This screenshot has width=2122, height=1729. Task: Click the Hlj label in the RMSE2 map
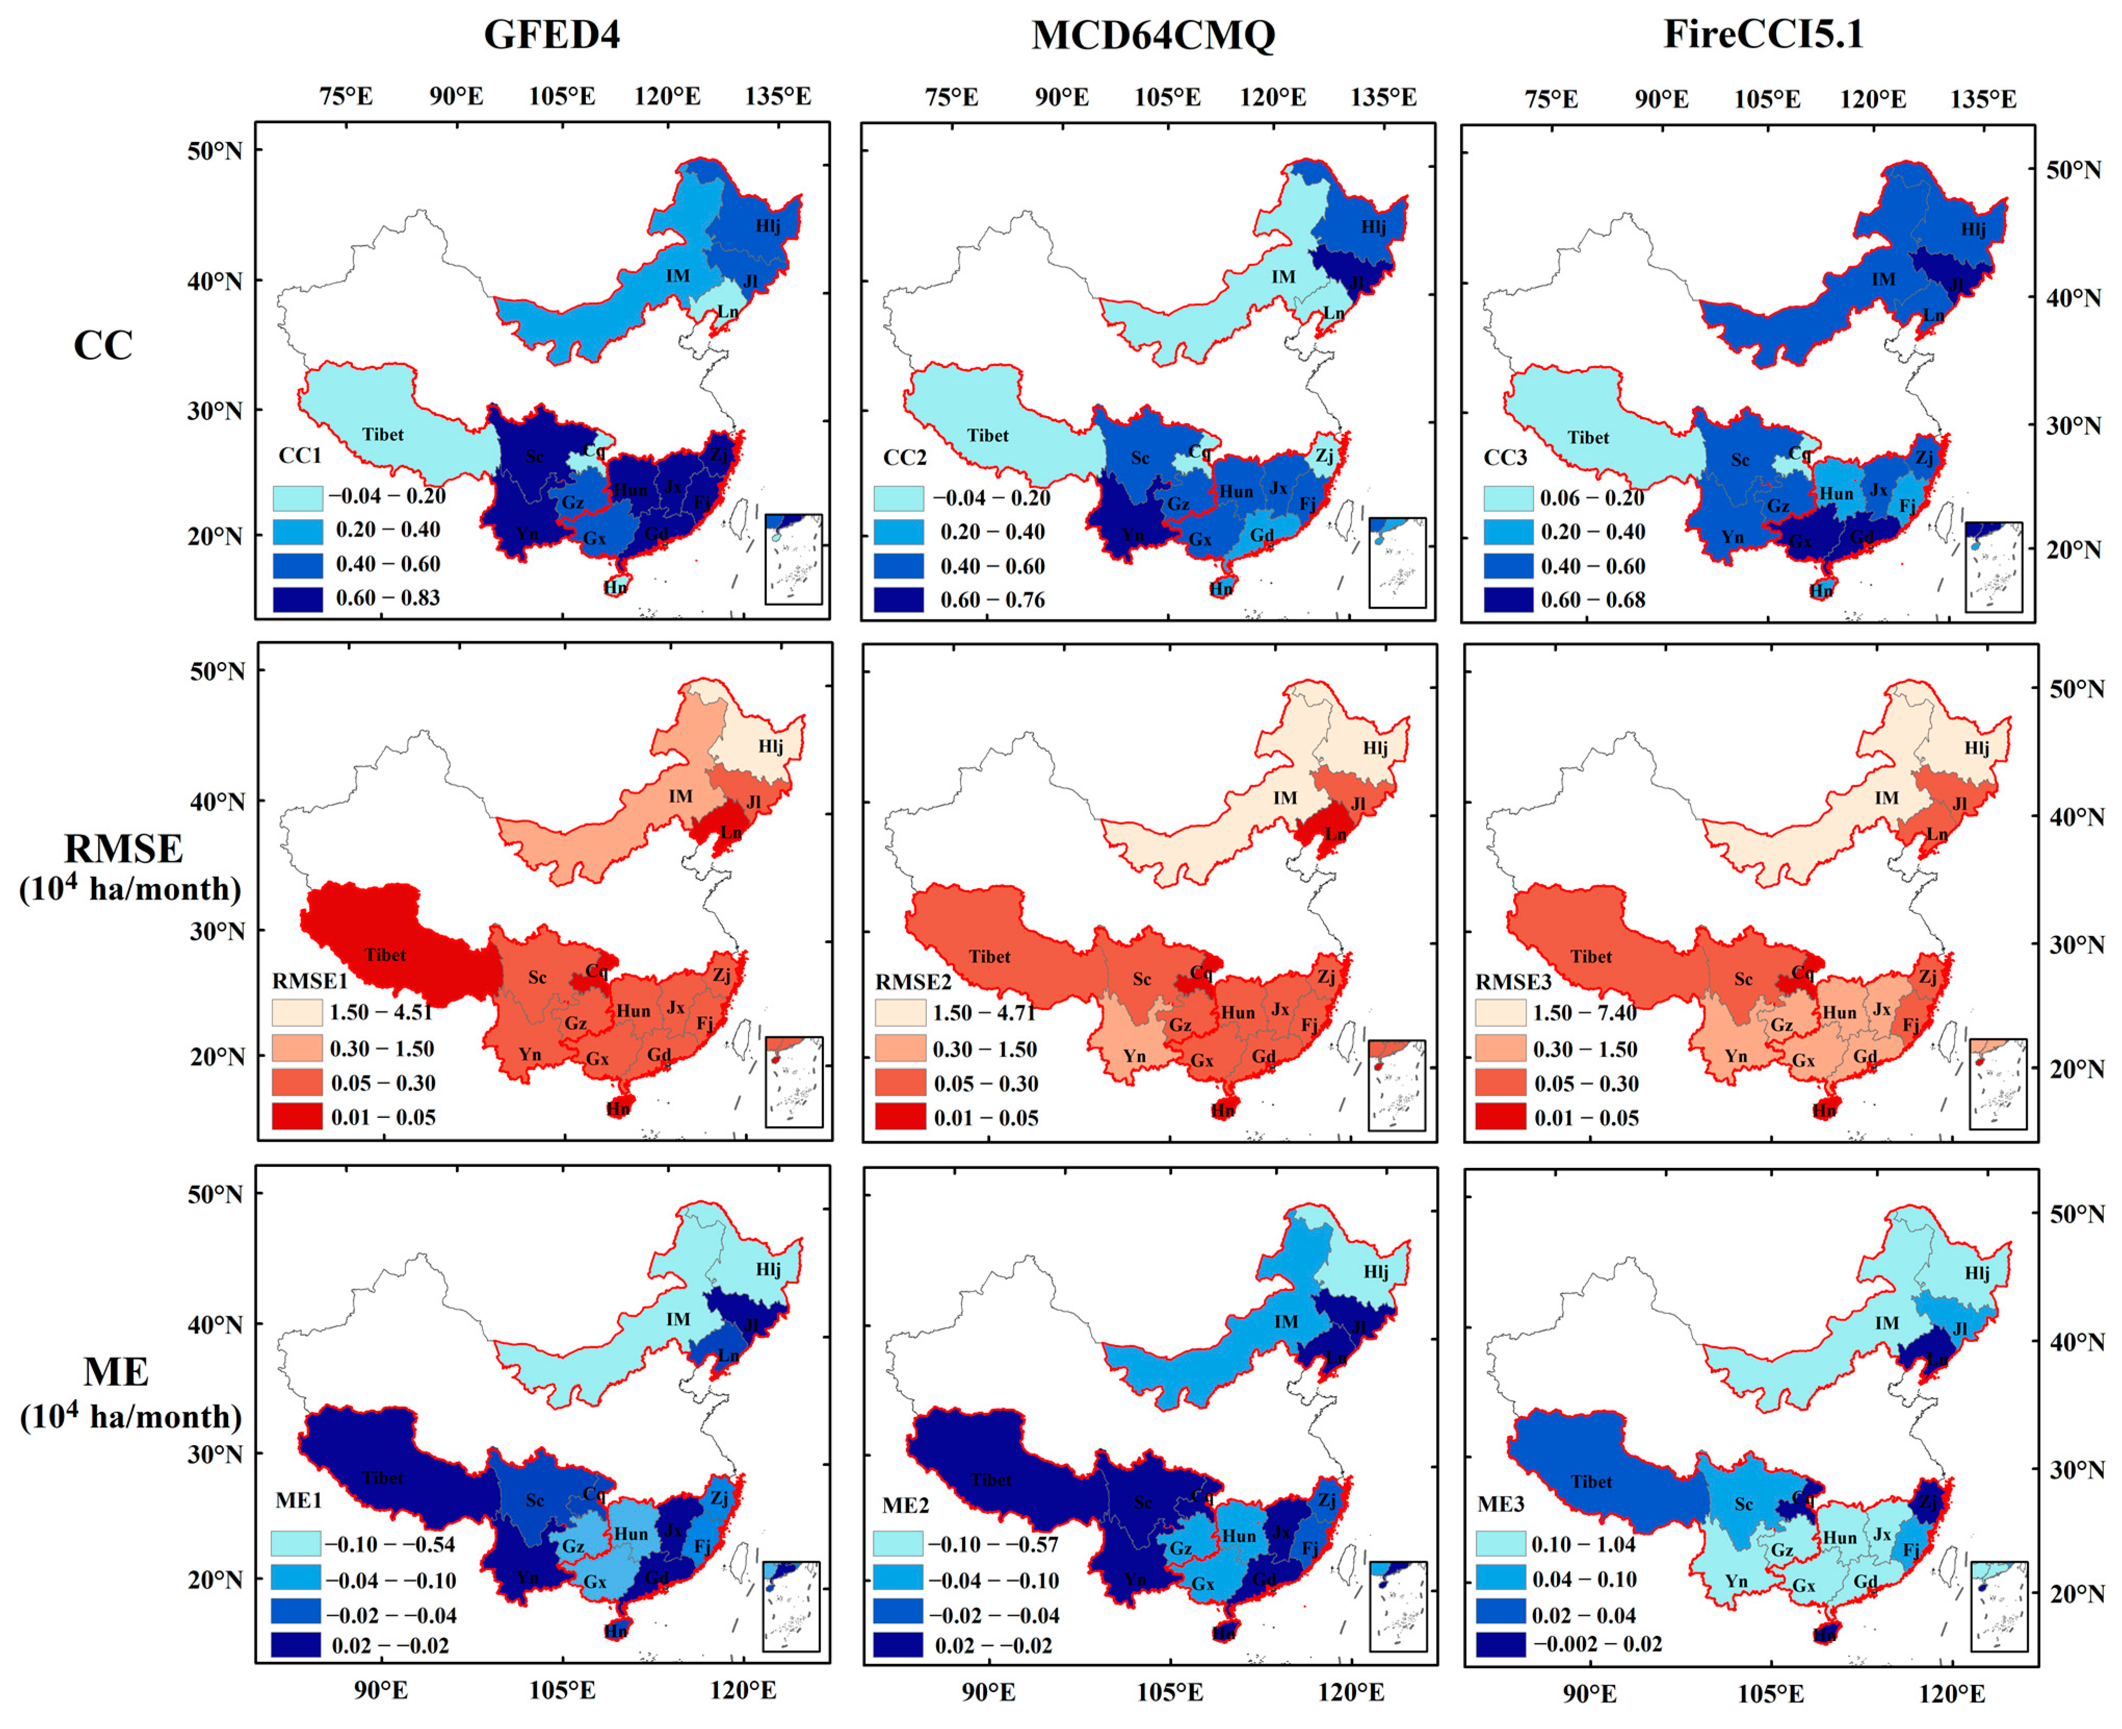coord(1375,748)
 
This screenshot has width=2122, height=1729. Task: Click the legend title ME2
coord(905,1505)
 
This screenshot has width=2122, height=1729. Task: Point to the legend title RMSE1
coord(310,981)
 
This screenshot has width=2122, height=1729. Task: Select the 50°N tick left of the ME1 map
coord(215,1194)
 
